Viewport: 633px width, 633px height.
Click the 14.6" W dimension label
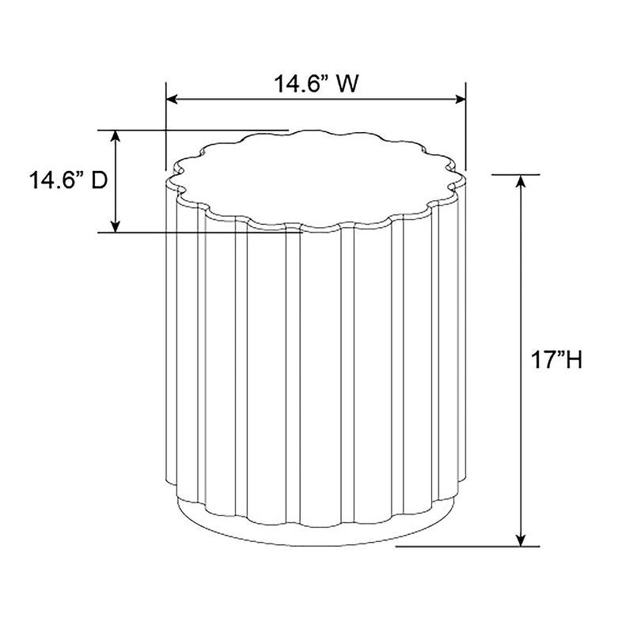pos(316,84)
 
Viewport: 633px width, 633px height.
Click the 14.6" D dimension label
pos(68,180)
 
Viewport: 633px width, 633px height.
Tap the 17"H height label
pos(556,360)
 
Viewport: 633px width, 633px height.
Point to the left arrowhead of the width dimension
pos(172,100)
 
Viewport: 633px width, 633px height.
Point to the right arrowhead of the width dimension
pos(461,100)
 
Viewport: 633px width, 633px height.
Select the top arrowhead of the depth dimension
pos(116,136)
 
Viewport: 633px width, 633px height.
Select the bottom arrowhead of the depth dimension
pos(116,227)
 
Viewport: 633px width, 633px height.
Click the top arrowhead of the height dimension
pos(521,181)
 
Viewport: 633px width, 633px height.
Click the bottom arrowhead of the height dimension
pos(521,540)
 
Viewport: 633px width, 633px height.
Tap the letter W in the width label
pos(347,84)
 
